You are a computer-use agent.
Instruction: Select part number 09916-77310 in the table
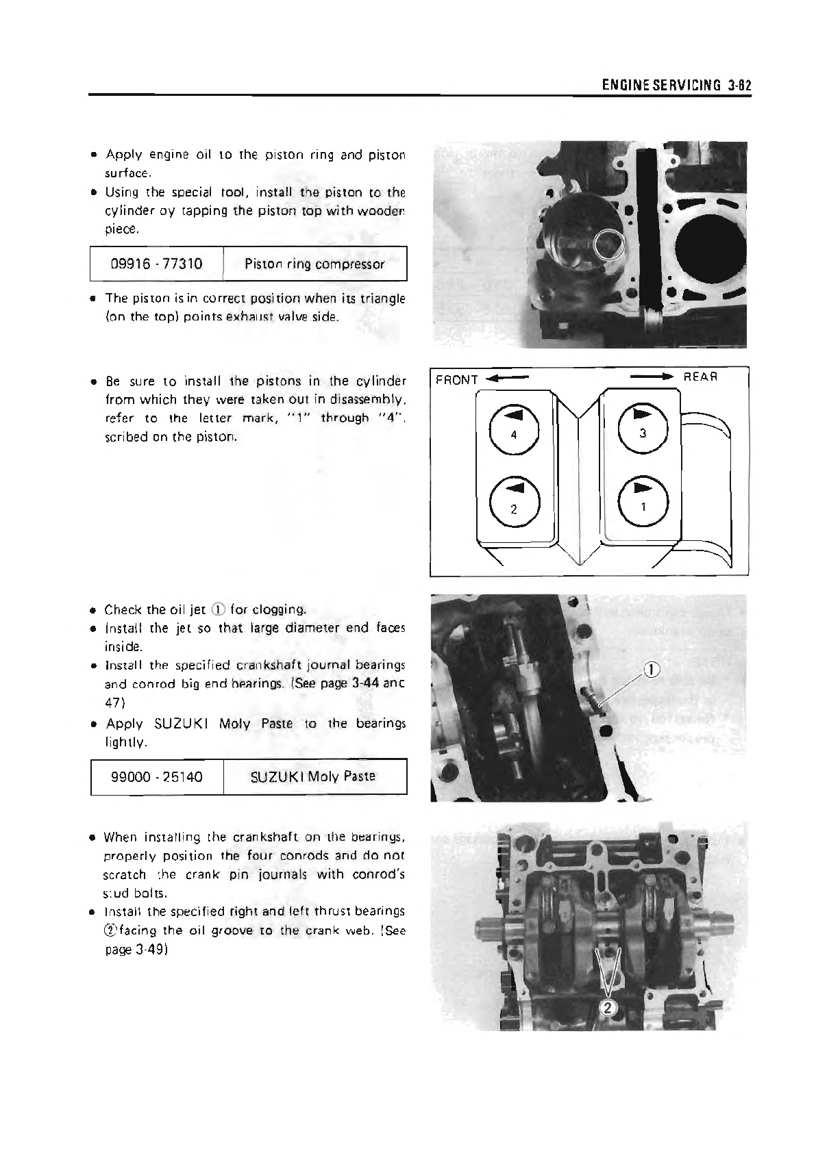[x=157, y=264]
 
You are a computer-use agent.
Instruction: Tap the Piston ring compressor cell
[x=314, y=264]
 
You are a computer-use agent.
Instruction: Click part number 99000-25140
[x=157, y=777]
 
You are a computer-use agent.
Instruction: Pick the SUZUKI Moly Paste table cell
[x=313, y=777]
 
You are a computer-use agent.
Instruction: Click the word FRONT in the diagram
[x=456, y=379]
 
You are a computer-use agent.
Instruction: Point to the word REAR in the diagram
[x=700, y=377]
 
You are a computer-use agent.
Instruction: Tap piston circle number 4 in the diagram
[x=514, y=428]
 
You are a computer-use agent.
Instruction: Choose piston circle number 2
[x=514, y=502]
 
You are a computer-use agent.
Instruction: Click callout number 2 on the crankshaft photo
[x=607, y=1007]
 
